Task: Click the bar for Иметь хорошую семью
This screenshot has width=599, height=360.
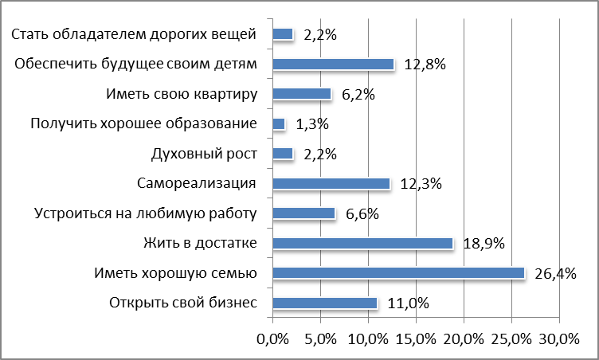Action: [x=398, y=273]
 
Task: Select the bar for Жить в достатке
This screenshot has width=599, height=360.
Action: [x=362, y=243]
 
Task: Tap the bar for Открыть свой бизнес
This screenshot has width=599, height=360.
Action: [x=324, y=303]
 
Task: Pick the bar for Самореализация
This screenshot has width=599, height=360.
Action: [x=331, y=183]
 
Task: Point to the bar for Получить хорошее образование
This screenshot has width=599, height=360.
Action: [x=278, y=124]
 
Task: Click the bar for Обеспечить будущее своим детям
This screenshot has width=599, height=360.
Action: [x=333, y=65]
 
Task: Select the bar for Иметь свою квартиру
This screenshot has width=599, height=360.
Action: [x=301, y=94]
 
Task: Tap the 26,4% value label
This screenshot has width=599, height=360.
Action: [x=557, y=274]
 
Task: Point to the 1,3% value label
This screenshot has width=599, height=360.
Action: [x=311, y=124]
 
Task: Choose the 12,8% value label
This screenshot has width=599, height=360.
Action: [x=424, y=65]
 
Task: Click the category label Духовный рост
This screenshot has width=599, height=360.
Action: [x=203, y=154]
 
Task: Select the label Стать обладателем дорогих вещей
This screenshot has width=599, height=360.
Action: [x=135, y=34]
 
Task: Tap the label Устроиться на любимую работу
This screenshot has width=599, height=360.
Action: [x=145, y=213]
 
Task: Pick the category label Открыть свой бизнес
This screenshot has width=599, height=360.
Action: [x=181, y=303]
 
